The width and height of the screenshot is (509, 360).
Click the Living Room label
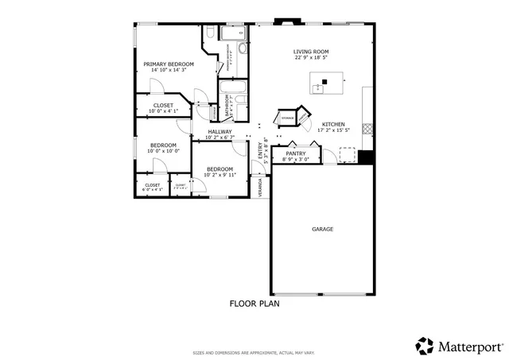coord(311,52)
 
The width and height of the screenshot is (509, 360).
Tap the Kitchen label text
coord(332,125)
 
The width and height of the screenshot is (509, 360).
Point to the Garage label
coord(322,229)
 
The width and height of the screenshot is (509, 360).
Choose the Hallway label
coord(220,132)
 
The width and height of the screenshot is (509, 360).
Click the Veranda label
coord(260,187)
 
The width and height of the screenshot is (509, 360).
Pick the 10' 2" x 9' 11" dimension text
coord(220,175)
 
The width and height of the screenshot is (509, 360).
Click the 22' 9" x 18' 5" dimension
coord(311,58)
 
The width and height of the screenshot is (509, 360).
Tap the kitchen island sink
coord(324,83)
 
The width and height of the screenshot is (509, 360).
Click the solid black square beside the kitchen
coord(365,157)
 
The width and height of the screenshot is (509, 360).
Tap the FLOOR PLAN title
coord(254,303)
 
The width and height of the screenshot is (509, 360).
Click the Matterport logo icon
coord(425,346)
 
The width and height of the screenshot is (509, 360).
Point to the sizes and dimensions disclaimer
coord(254,353)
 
